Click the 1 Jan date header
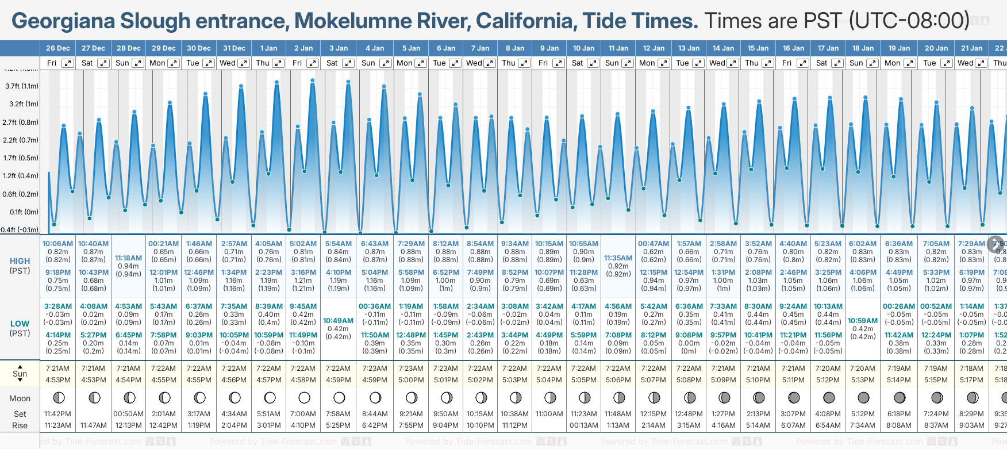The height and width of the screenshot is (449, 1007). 268,48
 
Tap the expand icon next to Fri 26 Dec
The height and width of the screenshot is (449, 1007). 68,63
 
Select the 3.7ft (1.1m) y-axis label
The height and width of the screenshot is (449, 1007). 22,86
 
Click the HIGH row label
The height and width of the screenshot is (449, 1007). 20,261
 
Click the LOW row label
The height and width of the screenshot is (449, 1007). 20,324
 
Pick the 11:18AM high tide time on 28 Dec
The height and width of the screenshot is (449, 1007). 128,258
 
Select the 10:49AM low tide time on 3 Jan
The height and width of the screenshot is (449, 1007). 338,321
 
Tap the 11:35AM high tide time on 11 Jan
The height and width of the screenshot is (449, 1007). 618,258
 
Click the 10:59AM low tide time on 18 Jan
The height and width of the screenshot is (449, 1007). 863,321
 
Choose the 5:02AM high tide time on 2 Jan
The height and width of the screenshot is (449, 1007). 303,244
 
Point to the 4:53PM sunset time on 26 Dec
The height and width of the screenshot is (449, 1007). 58,380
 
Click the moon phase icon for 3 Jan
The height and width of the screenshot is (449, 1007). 339,398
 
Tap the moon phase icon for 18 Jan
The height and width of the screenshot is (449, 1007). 863,398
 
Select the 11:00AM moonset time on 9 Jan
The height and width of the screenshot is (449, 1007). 549,414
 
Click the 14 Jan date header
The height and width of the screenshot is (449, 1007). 723,48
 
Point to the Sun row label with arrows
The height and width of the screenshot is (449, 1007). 20,374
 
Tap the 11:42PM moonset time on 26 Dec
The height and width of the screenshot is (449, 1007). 58,414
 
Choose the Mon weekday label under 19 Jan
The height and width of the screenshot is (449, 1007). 892,63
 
